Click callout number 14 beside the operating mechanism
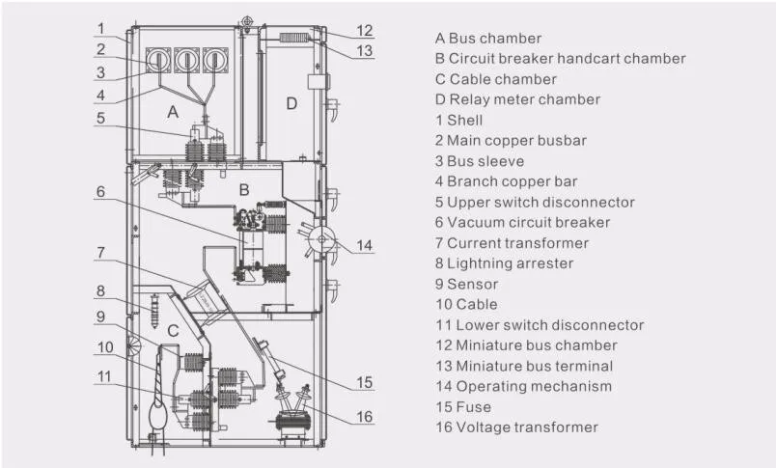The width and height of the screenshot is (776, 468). click(361, 245)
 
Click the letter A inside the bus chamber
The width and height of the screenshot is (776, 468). click(173, 112)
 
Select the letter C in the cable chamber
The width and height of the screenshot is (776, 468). click(175, 331)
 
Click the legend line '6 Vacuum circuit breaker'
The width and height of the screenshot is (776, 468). click(520, 222)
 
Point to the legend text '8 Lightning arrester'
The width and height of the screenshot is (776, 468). click(504, 262)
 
